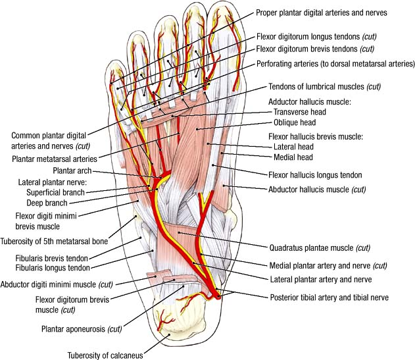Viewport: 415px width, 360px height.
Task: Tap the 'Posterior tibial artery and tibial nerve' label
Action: coord(330,297)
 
